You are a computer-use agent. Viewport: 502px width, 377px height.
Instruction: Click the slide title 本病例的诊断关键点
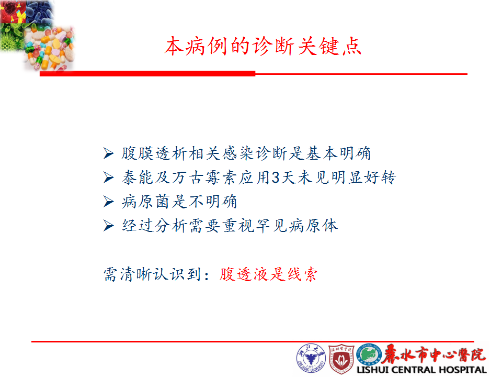(263, 46)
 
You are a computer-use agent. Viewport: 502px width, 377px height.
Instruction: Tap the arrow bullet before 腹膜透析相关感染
(109, 153)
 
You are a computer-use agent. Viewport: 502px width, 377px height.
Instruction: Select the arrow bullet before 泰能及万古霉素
(109, 178)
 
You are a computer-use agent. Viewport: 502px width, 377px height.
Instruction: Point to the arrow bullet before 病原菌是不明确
(109, 202)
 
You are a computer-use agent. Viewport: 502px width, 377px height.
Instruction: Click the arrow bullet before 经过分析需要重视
(109, 226)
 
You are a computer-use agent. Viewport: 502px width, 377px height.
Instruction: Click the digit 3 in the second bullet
(276, 178)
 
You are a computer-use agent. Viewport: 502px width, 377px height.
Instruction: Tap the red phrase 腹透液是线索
(268, 274)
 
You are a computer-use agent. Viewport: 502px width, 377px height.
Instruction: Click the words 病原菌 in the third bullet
(146, 202)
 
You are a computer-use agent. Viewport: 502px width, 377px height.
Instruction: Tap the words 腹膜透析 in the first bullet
(154, 153)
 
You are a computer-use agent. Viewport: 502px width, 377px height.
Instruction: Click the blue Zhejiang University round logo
(311, 358)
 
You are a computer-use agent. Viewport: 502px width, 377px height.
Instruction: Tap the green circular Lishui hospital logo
(369, 355)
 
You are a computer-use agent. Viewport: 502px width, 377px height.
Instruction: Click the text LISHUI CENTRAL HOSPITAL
(421, 370)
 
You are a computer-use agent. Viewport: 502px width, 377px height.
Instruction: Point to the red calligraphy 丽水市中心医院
(434, 354)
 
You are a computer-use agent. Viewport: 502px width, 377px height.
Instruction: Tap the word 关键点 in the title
(330, 46)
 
